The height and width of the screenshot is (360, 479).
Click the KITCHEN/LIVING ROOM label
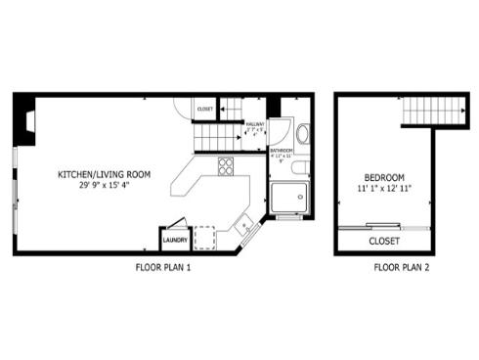coord(105,173)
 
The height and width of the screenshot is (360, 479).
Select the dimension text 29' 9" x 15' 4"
coord(105,184)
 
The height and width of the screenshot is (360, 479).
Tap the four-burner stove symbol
coord(226,166)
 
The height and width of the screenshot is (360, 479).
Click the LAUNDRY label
coord(175,240)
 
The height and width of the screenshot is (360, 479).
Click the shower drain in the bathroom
coord(290,198)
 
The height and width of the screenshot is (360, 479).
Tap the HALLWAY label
coord(255,124)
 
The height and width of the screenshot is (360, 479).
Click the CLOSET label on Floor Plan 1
coord(205,109)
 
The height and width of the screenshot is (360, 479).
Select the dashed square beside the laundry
coord(207,238)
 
